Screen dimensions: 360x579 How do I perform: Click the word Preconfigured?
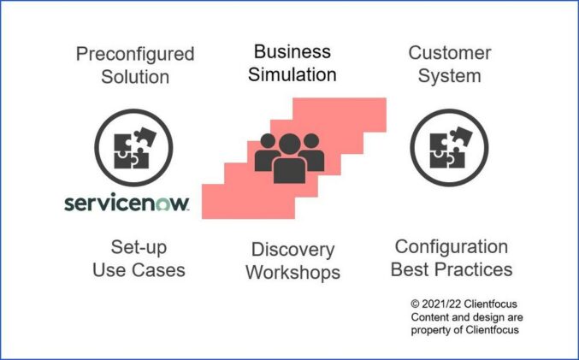tap(135, 55)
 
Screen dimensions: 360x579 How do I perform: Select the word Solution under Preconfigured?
tap(135, 76)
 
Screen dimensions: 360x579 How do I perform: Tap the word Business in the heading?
tap(292, 52)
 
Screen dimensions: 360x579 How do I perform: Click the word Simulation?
tap(292, 74)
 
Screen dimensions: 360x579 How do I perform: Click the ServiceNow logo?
tap(127, 204)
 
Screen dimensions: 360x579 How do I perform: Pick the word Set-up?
tap(139, 248)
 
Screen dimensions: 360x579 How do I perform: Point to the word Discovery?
tap(292, 250)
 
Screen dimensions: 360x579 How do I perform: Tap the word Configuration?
tap(452, 247)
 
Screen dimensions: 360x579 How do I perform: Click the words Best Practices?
tap(452, 269)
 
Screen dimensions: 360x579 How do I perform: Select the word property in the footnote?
tap(431, 330)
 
